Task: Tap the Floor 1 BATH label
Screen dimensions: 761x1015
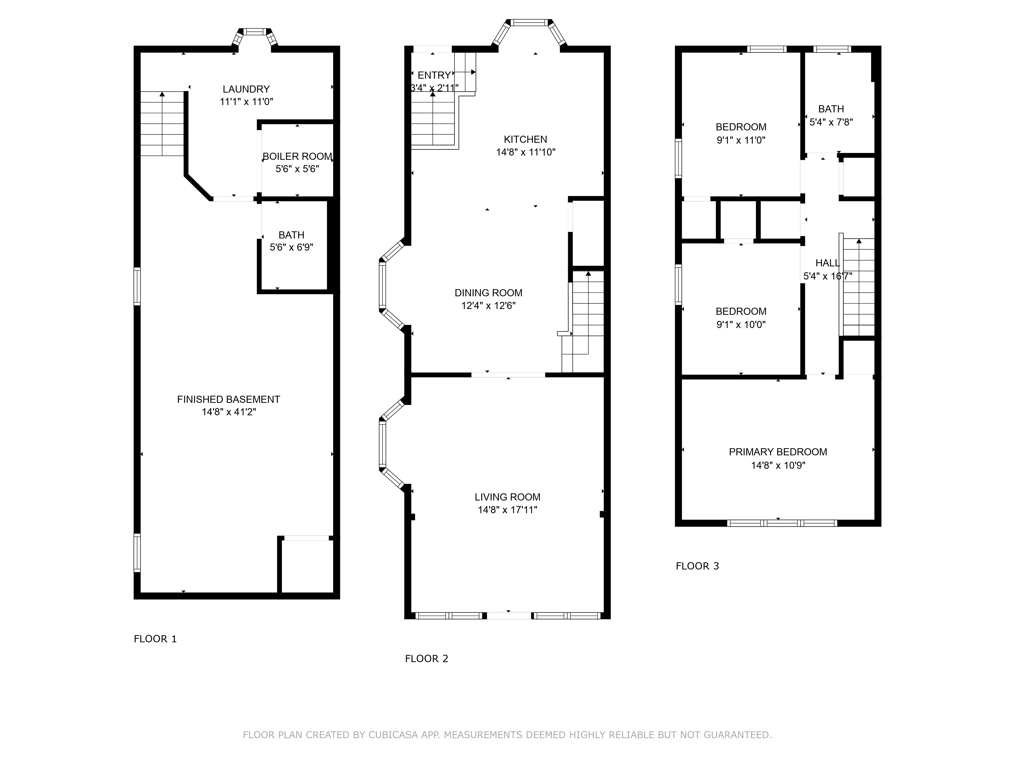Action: pos(291,235)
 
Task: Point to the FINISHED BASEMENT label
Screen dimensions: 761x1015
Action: pos(229,400)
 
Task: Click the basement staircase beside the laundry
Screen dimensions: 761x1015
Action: pos(162,124)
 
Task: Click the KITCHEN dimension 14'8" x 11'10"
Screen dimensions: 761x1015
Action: pos(526,152)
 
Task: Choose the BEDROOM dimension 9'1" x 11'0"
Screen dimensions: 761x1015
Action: pos(741,140)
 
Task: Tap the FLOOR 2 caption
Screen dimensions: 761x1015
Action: pos(426,659)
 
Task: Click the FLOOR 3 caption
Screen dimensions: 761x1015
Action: pos(697,566)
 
